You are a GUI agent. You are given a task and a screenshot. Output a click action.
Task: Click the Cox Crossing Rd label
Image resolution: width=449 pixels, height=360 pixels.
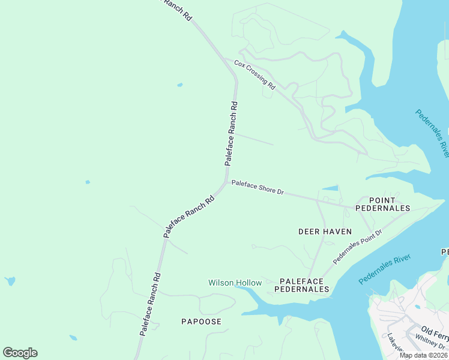[254, 74]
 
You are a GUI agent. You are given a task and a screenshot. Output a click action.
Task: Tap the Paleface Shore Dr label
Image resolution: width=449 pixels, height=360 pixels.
[258, 187]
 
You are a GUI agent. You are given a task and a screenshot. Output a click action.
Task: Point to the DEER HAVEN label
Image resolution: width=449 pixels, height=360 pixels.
[325, 231]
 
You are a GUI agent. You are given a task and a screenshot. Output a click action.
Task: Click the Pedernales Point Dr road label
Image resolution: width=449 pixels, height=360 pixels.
[357, 247]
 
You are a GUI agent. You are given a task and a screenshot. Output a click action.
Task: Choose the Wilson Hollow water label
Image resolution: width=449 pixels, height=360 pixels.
[235, 283]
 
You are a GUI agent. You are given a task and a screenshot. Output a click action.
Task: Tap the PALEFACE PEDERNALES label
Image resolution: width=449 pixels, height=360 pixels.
[302, 285]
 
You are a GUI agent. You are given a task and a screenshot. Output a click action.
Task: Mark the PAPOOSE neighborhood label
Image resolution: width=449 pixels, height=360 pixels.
[201, 322]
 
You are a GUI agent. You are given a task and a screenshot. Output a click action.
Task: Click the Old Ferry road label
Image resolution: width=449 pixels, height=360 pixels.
[435, 331]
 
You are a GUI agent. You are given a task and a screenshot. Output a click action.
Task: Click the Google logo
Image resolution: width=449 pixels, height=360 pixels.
[20, 353]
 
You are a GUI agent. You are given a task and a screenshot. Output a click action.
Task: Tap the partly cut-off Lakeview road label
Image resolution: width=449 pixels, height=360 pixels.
[396, 343]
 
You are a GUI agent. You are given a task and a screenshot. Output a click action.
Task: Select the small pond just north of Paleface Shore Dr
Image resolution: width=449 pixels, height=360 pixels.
[330, 188]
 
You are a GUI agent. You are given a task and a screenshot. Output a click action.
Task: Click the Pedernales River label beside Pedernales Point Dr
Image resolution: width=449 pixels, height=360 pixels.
[384, 270]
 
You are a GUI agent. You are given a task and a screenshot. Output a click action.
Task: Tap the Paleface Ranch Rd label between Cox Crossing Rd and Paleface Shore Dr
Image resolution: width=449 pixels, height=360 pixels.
[231, 133]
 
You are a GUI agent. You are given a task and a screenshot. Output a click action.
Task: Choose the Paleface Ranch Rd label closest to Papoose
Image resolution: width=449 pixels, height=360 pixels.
[150, 304]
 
